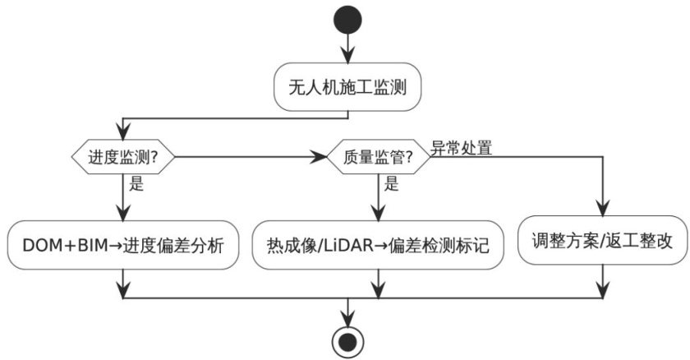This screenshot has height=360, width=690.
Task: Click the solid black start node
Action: click(347, 20)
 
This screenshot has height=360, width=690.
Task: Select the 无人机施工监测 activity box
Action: click(347, 86)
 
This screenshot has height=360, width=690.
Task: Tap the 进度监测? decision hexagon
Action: click(122, 157)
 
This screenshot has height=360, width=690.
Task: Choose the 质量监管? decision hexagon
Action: click(378, 157)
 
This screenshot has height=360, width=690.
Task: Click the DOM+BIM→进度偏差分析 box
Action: click(123, 245)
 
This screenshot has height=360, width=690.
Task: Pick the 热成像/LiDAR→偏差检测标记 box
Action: click(378, 245)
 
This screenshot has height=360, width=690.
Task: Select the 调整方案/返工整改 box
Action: click(602, 240)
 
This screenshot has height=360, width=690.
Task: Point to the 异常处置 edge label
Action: click(461, 148)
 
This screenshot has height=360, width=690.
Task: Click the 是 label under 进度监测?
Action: click(136, 183)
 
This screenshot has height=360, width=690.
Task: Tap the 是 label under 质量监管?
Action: click(391, 183)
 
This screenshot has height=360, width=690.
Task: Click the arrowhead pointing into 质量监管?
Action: click(319, 157)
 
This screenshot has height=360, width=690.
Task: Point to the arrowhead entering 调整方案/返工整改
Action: click(602, 208)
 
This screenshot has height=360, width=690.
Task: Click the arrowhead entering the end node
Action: click(347, 319)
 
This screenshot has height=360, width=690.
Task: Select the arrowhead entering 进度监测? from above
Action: click(122, 132)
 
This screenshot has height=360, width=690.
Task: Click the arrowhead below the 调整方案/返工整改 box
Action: click(602, 289)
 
